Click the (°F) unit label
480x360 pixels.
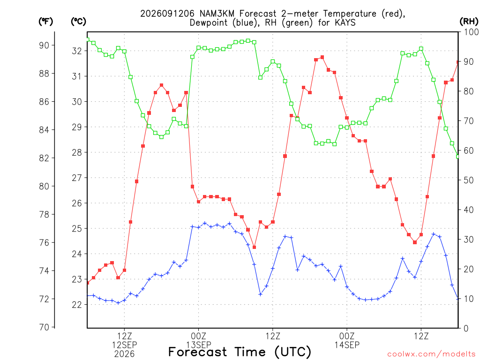coord(45,22)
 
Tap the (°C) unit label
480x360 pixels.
coord(78,22)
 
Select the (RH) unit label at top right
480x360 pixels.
coord(469,21)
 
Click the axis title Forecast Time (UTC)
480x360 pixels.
coord(240,352)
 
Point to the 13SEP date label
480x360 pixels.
coord(199,345)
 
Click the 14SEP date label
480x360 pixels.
coord(347,345)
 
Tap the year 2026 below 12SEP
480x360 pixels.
coord(124,354)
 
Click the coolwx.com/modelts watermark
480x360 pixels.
coord(431,354)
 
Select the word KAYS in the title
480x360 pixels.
coord(345,22)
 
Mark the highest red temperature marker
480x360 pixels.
coord(322,57)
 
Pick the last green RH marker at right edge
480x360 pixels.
coord(458,157)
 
